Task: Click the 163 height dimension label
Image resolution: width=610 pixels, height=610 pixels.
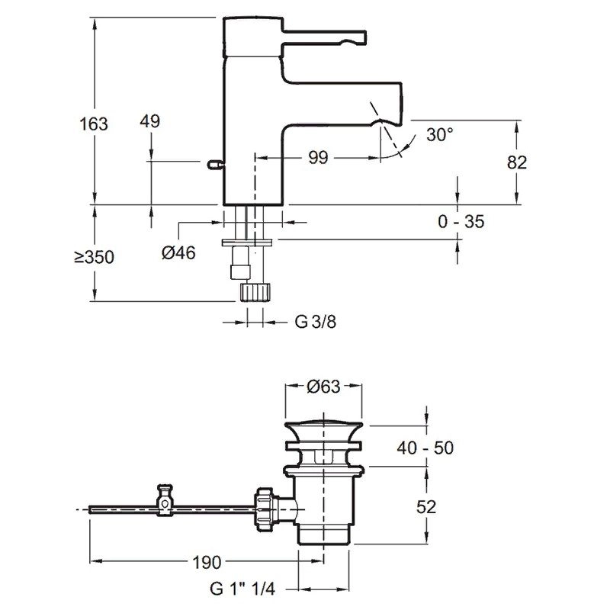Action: (x=93, y=123)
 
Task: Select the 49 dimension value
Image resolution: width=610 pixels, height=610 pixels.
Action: (x=152, y=121)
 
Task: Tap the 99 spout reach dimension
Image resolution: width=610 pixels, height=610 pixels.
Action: (x=318, y=158)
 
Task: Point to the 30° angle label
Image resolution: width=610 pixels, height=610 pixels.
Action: (x=440, y=134)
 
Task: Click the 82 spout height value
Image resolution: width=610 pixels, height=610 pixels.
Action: (x=516, y=162)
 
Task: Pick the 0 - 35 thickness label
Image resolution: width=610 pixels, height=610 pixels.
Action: (x=461, y=222)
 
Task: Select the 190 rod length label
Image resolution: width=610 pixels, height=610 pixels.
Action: (x=206, y=563)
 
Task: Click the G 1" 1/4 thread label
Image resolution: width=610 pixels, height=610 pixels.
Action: (x=243, y=589)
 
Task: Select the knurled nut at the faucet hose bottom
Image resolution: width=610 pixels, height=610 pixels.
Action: (x=255, y=291)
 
